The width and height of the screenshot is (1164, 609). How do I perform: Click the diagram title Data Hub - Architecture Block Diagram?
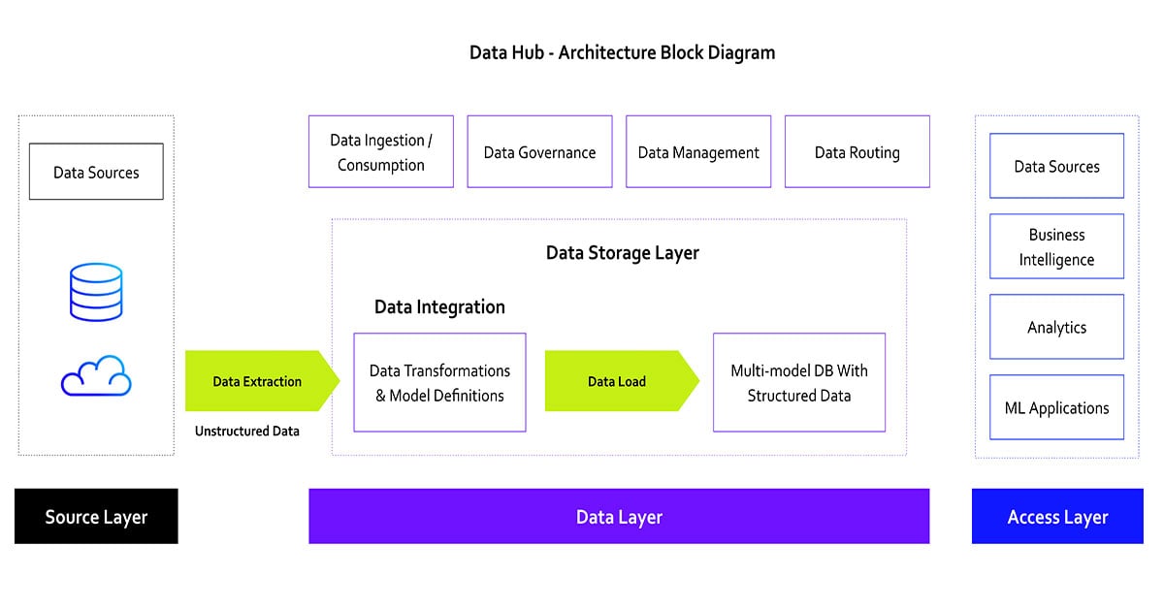(x=622, y=52)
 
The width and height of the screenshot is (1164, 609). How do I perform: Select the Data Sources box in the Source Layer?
(x=96, y=173)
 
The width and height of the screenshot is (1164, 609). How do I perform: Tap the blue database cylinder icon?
(x=96, y=292)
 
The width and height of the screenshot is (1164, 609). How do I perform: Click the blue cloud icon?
(x=96, y=375)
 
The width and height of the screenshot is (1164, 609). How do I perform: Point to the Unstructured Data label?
(x=246, y=431)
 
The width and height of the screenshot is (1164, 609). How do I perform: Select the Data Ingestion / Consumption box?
(x=381, y=152)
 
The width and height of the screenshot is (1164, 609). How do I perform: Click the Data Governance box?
(x=539, y=152)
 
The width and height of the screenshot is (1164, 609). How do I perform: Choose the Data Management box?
(x=698, y=152)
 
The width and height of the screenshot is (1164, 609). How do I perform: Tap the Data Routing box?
(x=857, y=152)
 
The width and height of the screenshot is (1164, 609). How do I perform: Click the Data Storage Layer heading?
(x=622, y=253)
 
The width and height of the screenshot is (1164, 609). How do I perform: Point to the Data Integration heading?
(x=439, y=307)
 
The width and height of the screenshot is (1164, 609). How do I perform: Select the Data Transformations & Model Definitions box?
(x=439, y=383)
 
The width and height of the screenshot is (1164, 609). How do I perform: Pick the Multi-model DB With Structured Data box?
(x=798, y=383)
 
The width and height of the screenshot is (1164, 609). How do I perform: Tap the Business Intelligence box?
(x=1056, y=247)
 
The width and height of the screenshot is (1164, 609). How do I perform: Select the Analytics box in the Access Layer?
(x=1056, y=328)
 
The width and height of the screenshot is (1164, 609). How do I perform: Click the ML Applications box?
(x=1056, y=408)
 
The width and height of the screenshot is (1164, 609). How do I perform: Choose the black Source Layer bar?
(x=96, y=517)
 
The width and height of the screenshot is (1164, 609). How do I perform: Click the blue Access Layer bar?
(x=1056, y=517)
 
